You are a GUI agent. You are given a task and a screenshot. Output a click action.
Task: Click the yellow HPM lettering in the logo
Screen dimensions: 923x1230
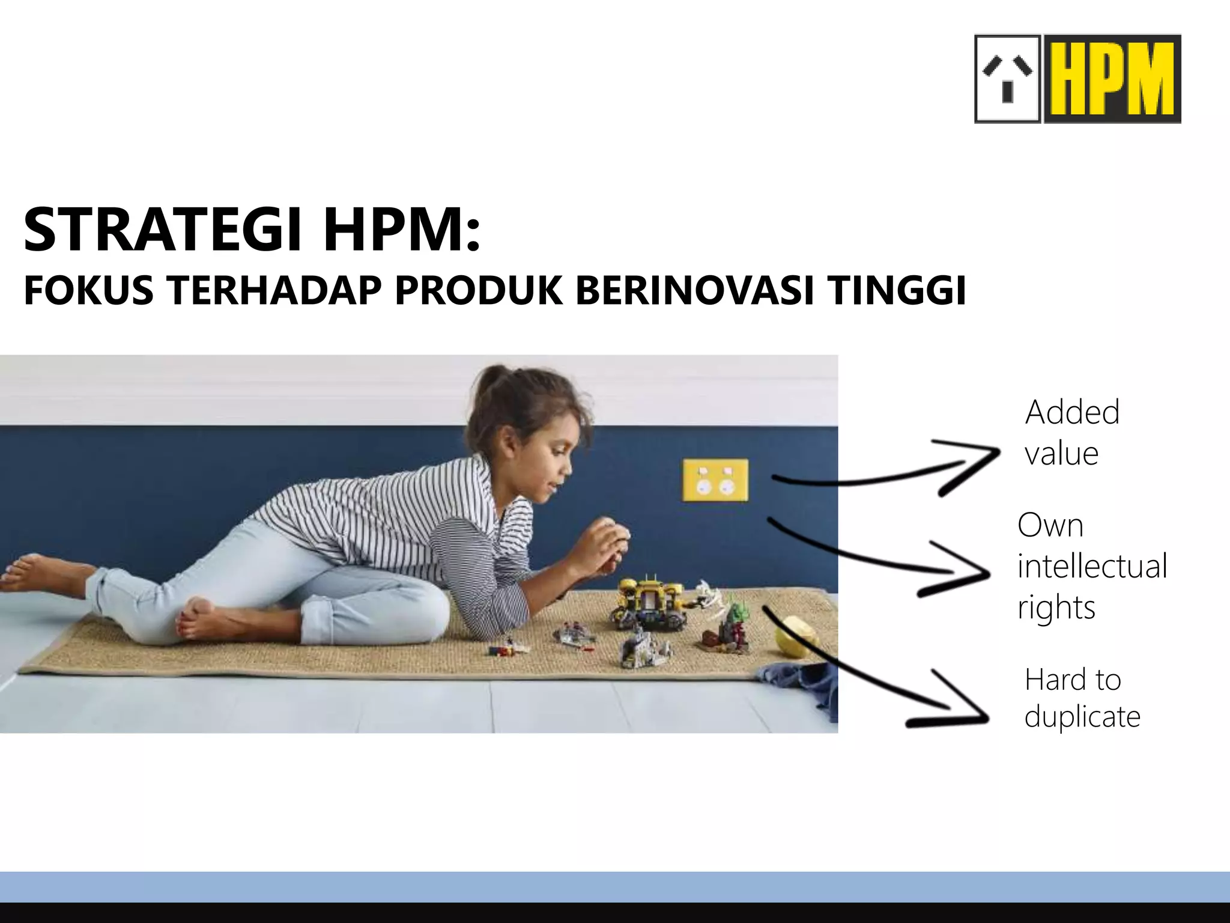click(x=1112, y=79)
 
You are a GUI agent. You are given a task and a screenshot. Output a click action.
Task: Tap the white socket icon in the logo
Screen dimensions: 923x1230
click(x=1007, y=79)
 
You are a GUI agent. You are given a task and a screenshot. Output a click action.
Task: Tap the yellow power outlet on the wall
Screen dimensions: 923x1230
click(x=715, y=480)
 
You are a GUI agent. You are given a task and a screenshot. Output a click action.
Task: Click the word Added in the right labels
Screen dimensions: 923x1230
click(x=1072, y=413)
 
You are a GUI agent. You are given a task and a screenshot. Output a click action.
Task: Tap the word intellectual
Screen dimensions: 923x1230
click(x=1092, y=566)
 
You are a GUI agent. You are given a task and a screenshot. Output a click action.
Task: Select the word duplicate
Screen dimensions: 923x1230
click(x=1082, y=716)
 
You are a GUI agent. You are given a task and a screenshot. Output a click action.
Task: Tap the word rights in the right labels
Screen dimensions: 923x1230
click(x=1056, y=608)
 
